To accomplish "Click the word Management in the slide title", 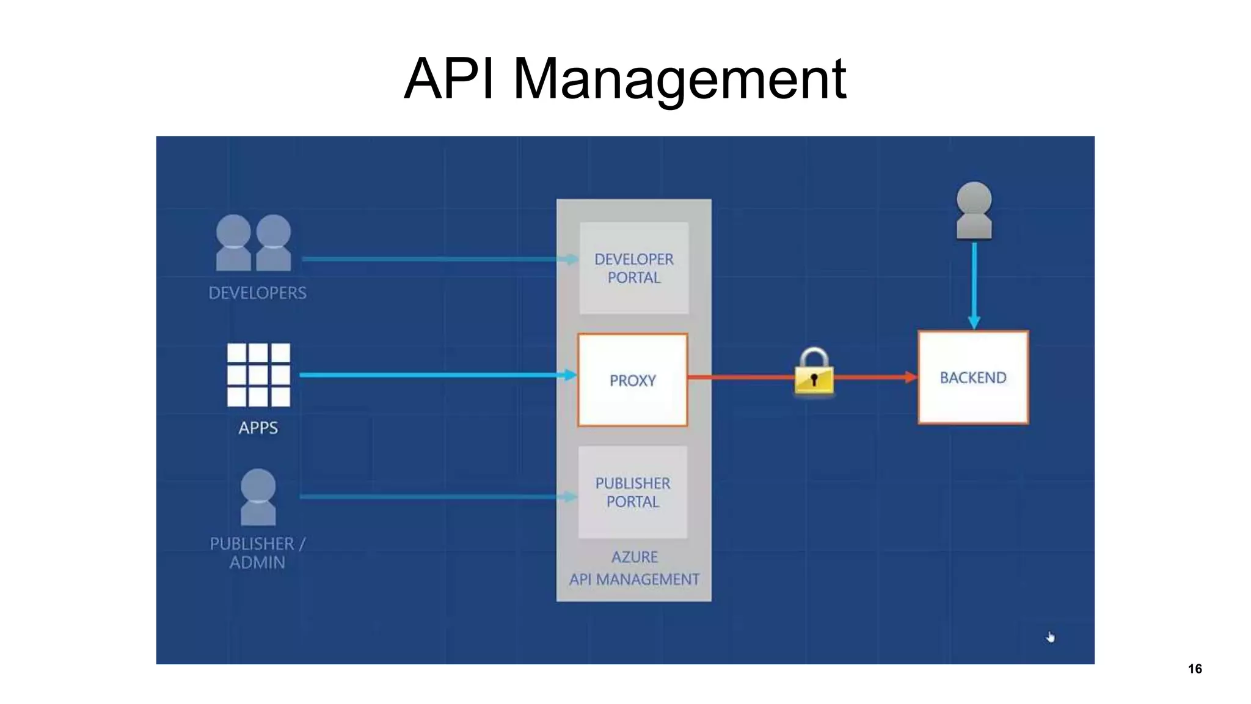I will [x=679, y=79].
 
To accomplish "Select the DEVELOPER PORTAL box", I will [x=633, y=268].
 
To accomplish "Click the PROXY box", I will [x=632, y=380].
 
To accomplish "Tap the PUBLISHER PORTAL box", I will [x=632, y=492].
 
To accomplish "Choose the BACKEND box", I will [x=972, y=378].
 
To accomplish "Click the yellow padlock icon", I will [x=814, y=373].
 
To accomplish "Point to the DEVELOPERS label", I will [x=257, y=293].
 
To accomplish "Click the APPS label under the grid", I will [x=258, y=428].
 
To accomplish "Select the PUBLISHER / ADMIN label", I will [x=257, y=553].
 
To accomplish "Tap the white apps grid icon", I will [x=258, y=375].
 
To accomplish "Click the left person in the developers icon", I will [x=233, y=243].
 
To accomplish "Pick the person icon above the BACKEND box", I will [x=974, y=210].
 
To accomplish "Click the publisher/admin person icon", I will [x=258, y=497].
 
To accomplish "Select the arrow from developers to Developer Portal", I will [x=434, y=259].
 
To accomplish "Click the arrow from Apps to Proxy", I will [x=434, y=375].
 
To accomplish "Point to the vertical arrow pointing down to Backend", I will [x=974, y=284].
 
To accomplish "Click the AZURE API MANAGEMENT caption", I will [x=634, y=568].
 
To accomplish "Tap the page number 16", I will [x=1195, y=669].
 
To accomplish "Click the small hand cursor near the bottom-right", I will [x=1050, y=637].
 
